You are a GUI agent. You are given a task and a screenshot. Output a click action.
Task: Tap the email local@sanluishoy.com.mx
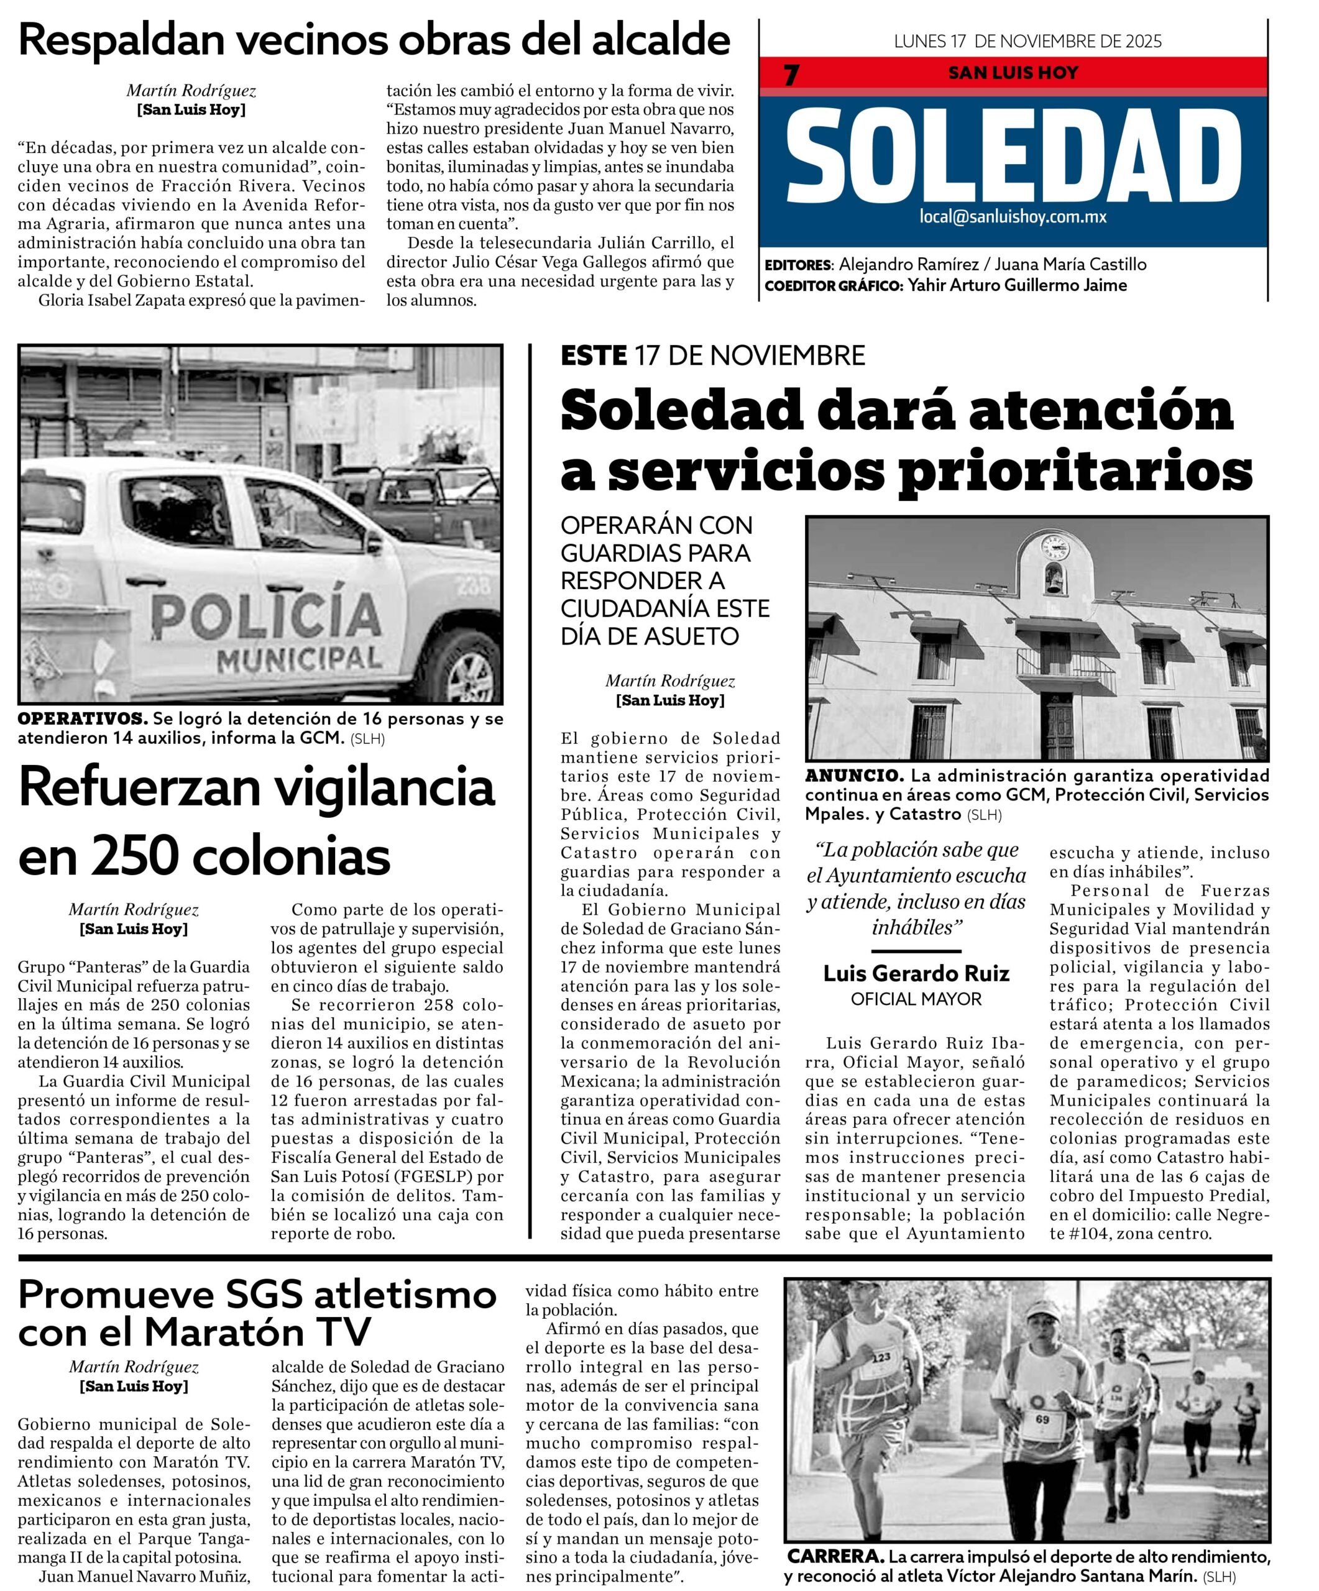1013,217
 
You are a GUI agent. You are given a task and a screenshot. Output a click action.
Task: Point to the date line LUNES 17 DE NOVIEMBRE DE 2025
1027,42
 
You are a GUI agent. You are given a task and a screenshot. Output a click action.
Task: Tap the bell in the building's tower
1053,582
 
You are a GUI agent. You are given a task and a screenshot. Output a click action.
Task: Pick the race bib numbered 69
1042,1418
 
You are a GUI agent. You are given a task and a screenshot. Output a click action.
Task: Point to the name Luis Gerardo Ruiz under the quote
916,973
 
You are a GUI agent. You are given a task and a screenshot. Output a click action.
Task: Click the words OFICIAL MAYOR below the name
916,999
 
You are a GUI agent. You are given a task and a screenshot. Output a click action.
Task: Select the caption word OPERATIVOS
83,718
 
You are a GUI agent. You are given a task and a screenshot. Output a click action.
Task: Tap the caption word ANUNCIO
854,776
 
